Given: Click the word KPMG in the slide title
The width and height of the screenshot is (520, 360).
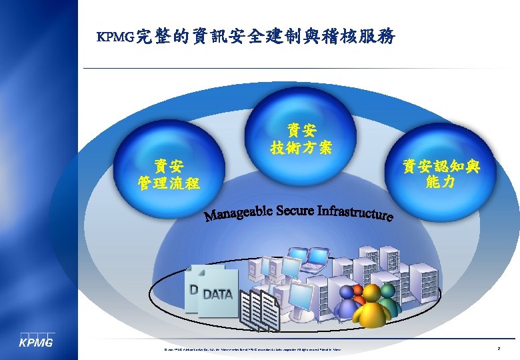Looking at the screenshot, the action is pyautogui.click(x=115, y=37).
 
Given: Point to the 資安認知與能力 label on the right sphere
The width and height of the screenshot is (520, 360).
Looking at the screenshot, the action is pyautogui.click(x=440, y=173).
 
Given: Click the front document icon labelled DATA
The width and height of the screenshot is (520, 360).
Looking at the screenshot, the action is pyautogui.click(x=218, y=294).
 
